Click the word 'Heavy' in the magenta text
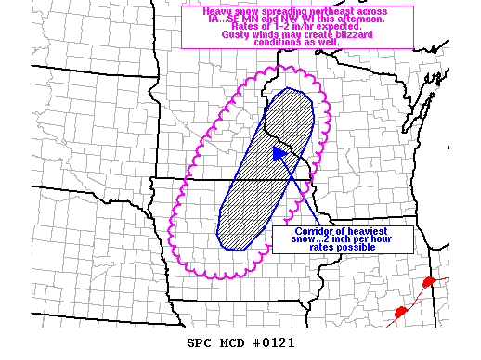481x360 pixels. [203, 12]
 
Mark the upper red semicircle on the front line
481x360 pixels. [428, 280]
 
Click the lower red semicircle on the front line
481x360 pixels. [401, 312]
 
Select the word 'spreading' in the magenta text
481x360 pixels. [275, 12]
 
